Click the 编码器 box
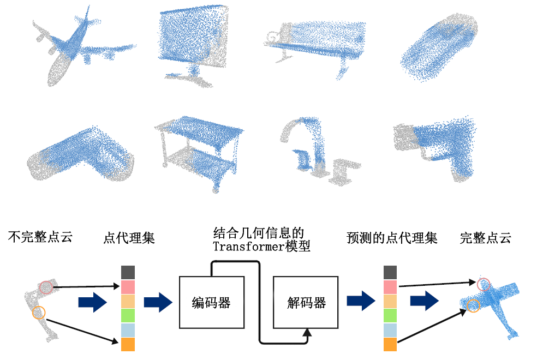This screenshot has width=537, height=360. [x=212, y=302]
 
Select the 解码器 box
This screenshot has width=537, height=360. [x=306, y=302]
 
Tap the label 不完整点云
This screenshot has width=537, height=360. [x=40, y=237]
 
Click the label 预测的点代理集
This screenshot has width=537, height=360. [x=392, y=238]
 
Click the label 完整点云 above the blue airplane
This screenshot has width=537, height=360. [x=485, y=238]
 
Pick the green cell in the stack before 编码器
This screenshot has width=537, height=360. [x=128, y=315]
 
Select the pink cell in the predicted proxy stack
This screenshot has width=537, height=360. [x=390, y=287]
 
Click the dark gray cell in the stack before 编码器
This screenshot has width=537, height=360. [x=128, y=272]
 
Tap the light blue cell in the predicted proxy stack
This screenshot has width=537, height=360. [x=390, y=330]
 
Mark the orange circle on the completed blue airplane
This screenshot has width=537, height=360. [x=473, y=306]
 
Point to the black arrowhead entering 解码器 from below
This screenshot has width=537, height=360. [x=307, y=332]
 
